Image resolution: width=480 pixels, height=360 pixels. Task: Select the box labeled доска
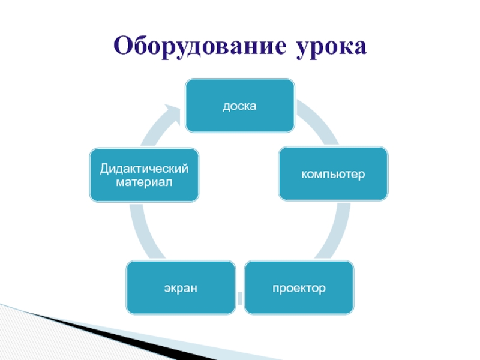pyautogui.click(x=239, y=106)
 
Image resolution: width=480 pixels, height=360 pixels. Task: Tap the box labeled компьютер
pyautogui.click(x=333, y=173)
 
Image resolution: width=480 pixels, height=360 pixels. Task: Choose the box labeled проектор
pyautogui.click(x=299, y=287)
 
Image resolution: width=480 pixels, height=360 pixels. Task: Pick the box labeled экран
pyautogui.click(x=181, y=287)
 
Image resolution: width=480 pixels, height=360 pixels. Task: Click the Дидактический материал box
pyautogui.click(x=144, y=175)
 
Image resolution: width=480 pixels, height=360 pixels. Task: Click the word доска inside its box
pyautogui.click(x=239, y=106)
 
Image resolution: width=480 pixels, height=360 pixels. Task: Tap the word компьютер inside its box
pyautogui.click(x=333, y=174)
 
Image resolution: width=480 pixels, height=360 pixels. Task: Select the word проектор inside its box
pyautogui.click(x=299, y=289)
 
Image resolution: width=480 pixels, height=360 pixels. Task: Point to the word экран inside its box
pyautogui.click(x=181, y=289)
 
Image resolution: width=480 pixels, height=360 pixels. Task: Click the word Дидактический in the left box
pyautogui.click(x=144, y=169)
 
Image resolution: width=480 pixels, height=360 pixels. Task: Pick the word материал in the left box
pyautogui.click(x=144, y=181)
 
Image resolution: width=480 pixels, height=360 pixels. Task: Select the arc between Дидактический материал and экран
pyautogui.click(x=142, y=231)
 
